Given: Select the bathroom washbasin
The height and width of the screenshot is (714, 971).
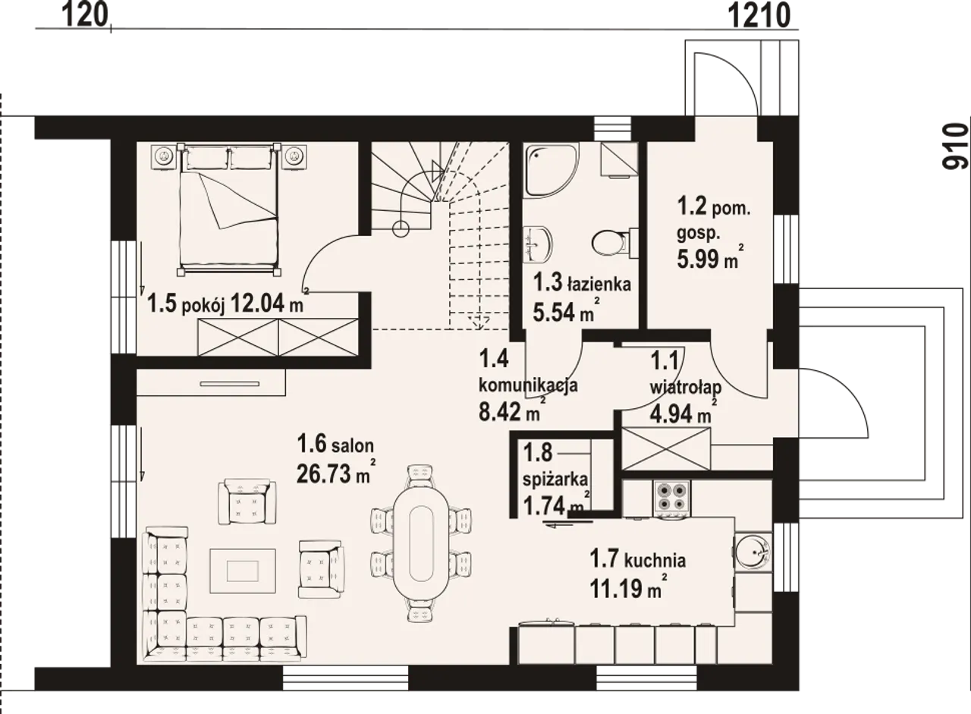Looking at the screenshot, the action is coord(538,244).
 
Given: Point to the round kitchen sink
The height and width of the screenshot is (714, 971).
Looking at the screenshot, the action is coord(753,551).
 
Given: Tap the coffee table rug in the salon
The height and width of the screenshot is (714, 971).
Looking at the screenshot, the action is coord(243,571).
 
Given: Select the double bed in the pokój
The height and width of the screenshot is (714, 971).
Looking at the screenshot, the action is coord(229,209).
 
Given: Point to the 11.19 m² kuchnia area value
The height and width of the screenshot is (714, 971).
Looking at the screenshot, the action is coord(628,588).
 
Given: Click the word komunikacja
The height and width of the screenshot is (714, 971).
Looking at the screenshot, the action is coord(528,385).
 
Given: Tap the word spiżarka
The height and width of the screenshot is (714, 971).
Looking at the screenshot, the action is coord(555,480).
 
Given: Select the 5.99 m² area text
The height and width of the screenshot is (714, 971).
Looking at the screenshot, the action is coord(711,259).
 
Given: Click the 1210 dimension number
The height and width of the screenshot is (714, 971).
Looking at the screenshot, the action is coord(759,17).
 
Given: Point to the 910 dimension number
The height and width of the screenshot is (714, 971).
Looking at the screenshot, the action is coord(955,146).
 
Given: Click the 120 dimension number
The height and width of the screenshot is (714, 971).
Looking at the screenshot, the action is coord(85,16).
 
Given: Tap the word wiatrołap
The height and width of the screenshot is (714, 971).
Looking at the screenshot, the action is coord(685,388).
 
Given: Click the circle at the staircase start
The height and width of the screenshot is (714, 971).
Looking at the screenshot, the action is coord(401,228).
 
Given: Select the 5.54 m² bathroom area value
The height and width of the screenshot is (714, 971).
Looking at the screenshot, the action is coord(566,311).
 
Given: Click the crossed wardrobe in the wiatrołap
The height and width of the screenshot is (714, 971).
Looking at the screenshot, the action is coord(666,448).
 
